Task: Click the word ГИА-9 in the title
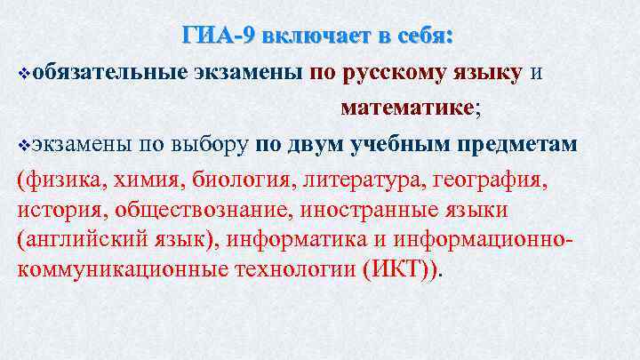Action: coord(217,36)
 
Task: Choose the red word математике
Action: coord(404,108)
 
